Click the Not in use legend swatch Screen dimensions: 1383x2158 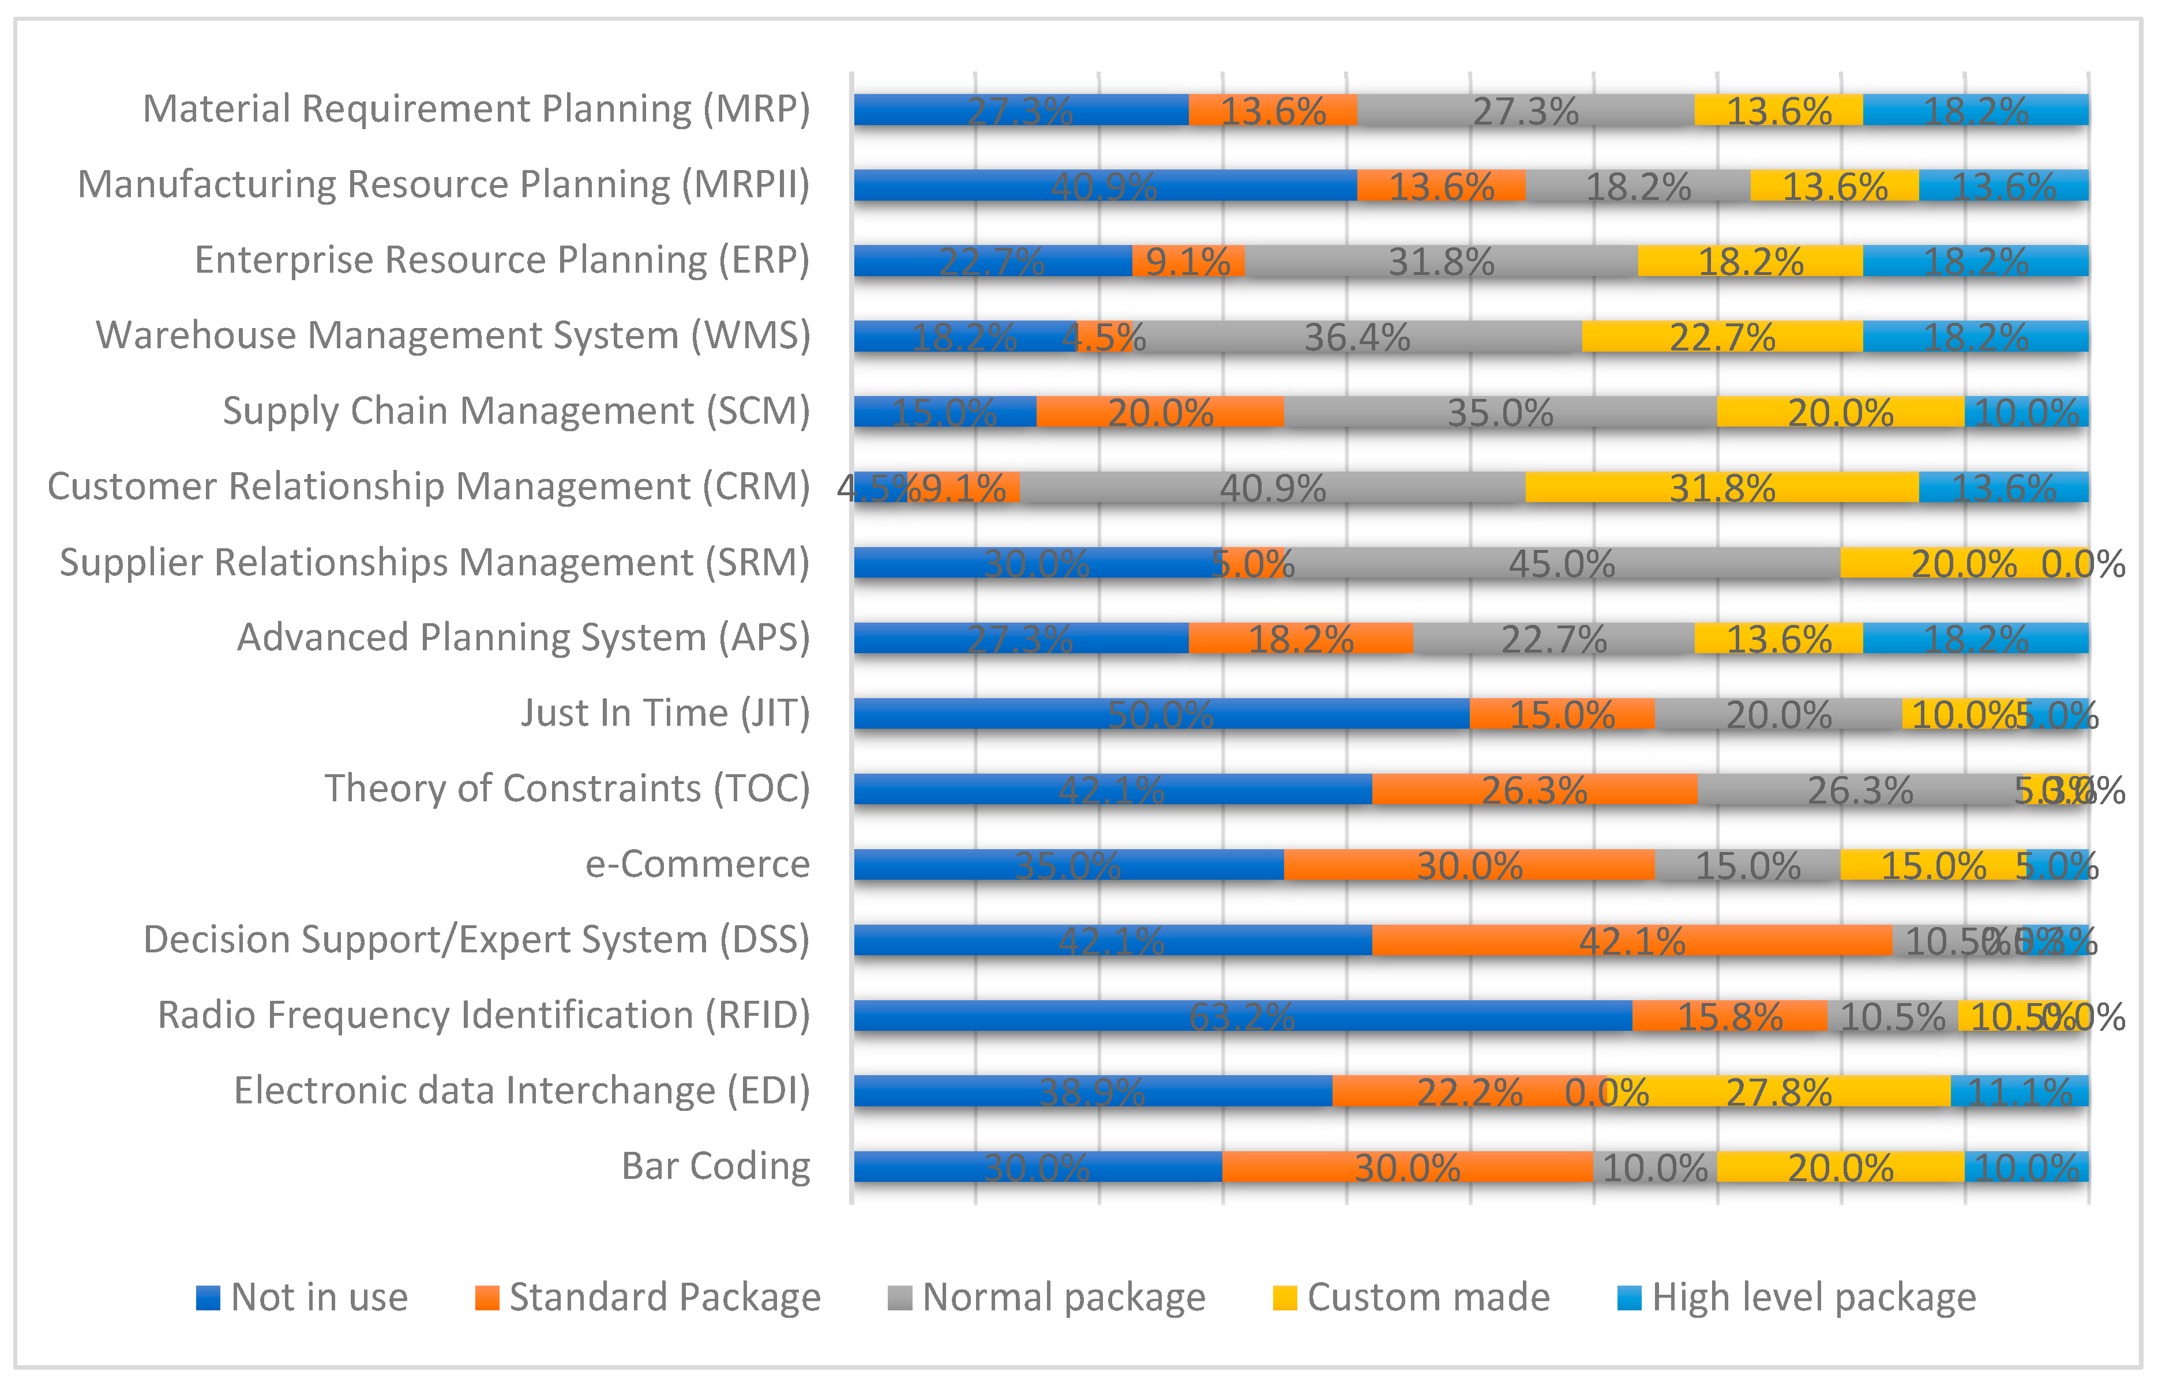[208, 1298]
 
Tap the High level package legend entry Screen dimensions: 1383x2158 [1813, 1298]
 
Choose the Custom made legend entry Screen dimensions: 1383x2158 [1428, 1298]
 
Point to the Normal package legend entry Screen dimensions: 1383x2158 [1063, 1298]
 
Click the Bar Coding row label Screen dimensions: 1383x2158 [715, 1166]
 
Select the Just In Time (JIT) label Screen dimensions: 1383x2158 [665, 713]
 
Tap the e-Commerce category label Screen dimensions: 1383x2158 [697, 864]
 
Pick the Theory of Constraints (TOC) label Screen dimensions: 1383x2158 [567, 789]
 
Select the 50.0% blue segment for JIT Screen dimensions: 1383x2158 [1161, 714]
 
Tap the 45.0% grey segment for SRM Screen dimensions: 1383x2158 [1562, 563]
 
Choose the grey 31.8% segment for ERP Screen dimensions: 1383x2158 [1440, 261]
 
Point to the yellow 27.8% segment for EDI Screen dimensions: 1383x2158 [1779, 1091]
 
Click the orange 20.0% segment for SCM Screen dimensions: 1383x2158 [1160, 412]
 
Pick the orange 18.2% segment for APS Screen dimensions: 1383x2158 [1300, 639]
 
